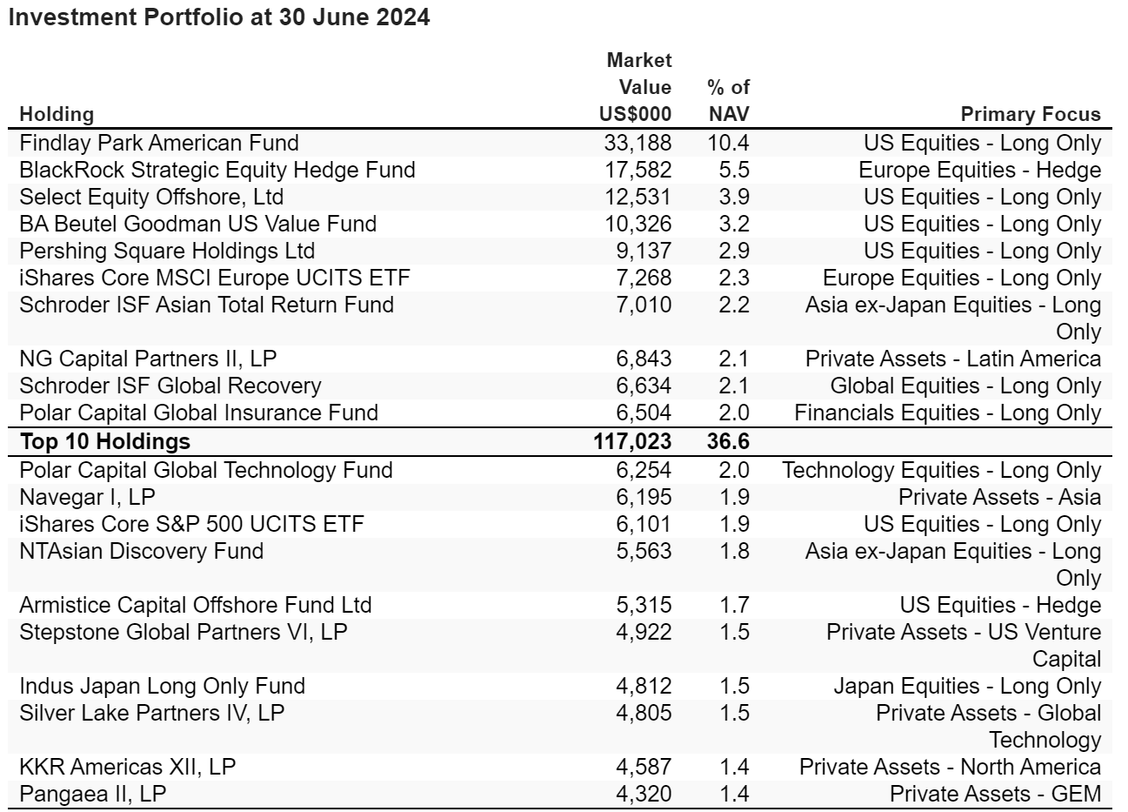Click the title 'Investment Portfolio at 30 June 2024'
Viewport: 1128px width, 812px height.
(219, 17)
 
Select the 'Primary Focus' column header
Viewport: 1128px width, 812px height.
(1031, 114)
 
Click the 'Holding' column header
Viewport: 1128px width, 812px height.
(57, 114)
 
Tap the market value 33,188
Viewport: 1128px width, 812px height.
(637, 143)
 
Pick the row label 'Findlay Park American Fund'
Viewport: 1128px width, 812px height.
(158, 143)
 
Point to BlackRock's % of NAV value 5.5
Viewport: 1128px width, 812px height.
(734, 171)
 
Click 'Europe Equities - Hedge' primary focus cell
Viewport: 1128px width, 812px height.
(979, 171)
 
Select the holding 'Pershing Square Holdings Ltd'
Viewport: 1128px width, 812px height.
(167, 251)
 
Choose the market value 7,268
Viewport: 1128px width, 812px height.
(644, 278)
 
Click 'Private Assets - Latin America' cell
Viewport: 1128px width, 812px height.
(953, 359)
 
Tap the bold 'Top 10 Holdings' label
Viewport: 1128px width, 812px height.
(104, 441)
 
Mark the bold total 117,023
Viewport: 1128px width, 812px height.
(632, 441)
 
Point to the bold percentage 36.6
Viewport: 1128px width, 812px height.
(728, 441)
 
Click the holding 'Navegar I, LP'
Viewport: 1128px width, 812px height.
(87, 498)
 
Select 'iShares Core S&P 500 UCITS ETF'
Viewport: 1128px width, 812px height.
(191, 524)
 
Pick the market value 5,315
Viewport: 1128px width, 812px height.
(644, 606)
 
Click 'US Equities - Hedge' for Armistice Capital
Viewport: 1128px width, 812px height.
(1000, 606)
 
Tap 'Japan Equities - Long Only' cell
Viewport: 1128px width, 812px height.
(967, 687)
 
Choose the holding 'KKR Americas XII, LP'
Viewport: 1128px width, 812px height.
(127, 767)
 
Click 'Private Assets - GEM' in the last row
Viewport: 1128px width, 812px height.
(995, 795)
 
